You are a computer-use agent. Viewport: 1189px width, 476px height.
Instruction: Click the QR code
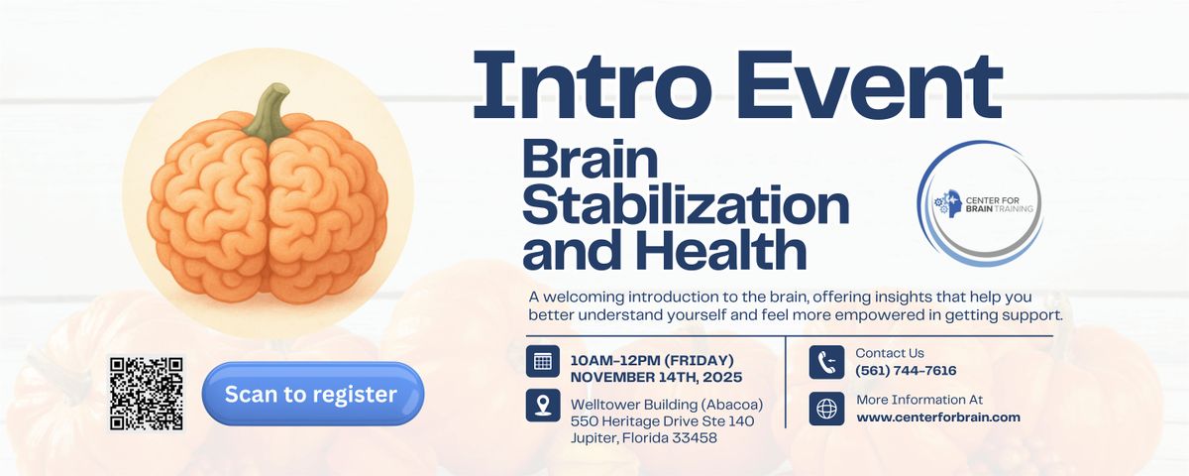point(147,394)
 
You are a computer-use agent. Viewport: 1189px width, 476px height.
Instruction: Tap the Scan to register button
point(312,394)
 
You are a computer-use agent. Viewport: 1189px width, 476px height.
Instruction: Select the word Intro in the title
point(594,89)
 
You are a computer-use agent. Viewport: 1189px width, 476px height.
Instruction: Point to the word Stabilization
point(686,206)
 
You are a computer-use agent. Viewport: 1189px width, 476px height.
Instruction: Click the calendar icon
point(543,361)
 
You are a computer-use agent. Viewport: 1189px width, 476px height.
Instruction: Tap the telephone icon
point(826,361)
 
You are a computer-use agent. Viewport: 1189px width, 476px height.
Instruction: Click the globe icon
point(826,409)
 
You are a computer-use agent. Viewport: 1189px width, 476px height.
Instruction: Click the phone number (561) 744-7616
point(906,371)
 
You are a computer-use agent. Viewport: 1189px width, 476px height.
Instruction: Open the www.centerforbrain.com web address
point(938,417)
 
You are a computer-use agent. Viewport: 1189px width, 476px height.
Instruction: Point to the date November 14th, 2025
point(656,377)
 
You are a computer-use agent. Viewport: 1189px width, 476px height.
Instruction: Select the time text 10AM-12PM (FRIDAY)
point(652,359)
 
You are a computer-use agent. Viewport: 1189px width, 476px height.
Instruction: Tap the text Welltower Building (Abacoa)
point(666,404)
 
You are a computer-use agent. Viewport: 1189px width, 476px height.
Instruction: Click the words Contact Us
point(890,353)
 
